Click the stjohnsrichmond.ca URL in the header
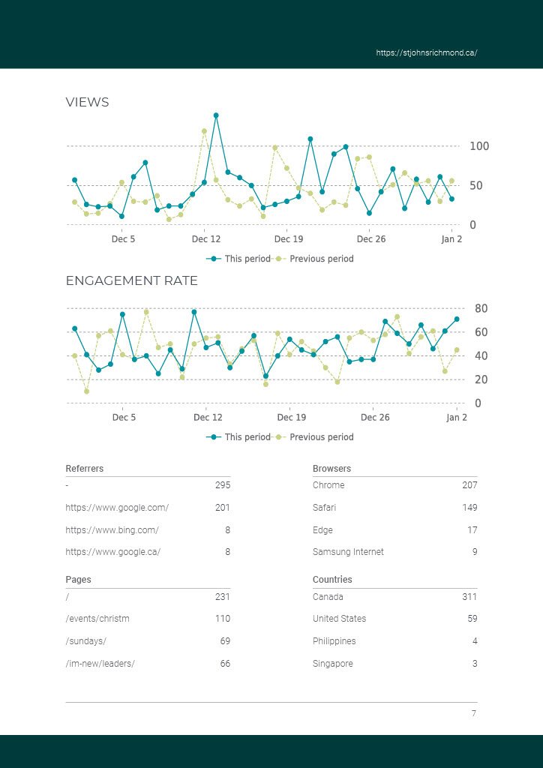coord(426,53)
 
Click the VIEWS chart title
coord(87,103)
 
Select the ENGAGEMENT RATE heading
coord(131,281)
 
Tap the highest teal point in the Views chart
coord(216,115)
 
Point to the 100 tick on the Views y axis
coord(478,146)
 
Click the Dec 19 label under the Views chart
coord(289,239)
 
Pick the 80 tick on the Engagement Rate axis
coord(481,308)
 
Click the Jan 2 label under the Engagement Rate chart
coord(456,418)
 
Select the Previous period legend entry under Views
coord(321,259)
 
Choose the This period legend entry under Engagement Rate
coord(247,437)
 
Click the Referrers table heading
coord(85,469)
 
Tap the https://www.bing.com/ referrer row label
coord(112,529)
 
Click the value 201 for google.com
coord(223,508)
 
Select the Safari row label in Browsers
coord(324,508)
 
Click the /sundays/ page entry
coord(86,641)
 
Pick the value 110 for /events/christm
coord(223,619)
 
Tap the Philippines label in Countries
coord(334,641)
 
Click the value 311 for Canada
coord(469,597)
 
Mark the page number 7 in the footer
coord(473,713)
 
